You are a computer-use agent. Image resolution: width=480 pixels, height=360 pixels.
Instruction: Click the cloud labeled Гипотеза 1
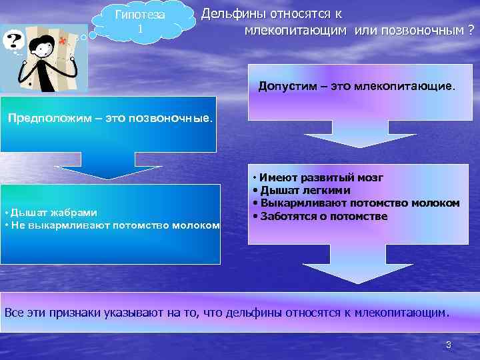(140, 23)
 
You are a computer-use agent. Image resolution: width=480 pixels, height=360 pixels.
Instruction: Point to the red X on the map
(63, 41)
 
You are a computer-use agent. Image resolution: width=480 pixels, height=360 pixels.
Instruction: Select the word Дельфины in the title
(231, 13)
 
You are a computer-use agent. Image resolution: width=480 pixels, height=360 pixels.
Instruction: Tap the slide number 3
(448, 345)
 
